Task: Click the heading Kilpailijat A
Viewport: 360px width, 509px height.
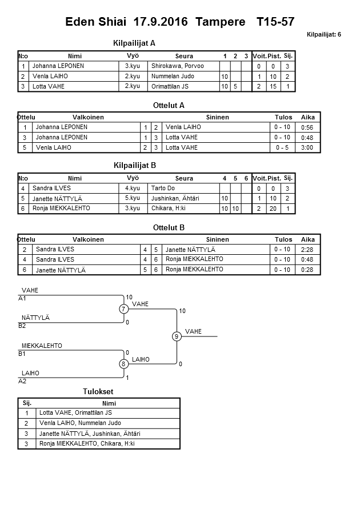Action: click(135, 43)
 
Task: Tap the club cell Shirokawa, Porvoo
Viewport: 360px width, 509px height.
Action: click(177, 66)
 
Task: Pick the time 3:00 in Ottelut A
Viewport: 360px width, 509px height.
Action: click(307, 147)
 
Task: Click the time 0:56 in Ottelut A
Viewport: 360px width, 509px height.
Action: click(307, 128)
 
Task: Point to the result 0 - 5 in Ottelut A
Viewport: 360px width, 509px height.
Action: click(283, 147)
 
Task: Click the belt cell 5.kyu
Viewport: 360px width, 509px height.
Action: click(132, 198)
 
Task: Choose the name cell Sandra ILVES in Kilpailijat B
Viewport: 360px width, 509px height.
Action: click(51, 188)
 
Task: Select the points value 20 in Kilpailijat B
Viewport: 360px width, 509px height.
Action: click(273, 209)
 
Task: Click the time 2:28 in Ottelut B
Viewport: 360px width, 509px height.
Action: click(307, 250)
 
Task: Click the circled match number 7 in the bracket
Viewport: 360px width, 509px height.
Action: click(123, 309)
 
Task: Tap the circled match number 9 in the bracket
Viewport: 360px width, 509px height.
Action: click(177, 336)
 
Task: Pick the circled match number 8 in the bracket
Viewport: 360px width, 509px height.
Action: click(123, 363)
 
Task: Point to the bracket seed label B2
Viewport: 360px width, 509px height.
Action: click(22, 326)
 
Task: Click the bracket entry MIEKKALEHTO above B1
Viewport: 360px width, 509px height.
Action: click(42, 346)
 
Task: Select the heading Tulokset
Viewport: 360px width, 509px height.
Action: click(98, 391)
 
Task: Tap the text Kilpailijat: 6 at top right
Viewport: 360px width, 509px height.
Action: click(323, 34)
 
